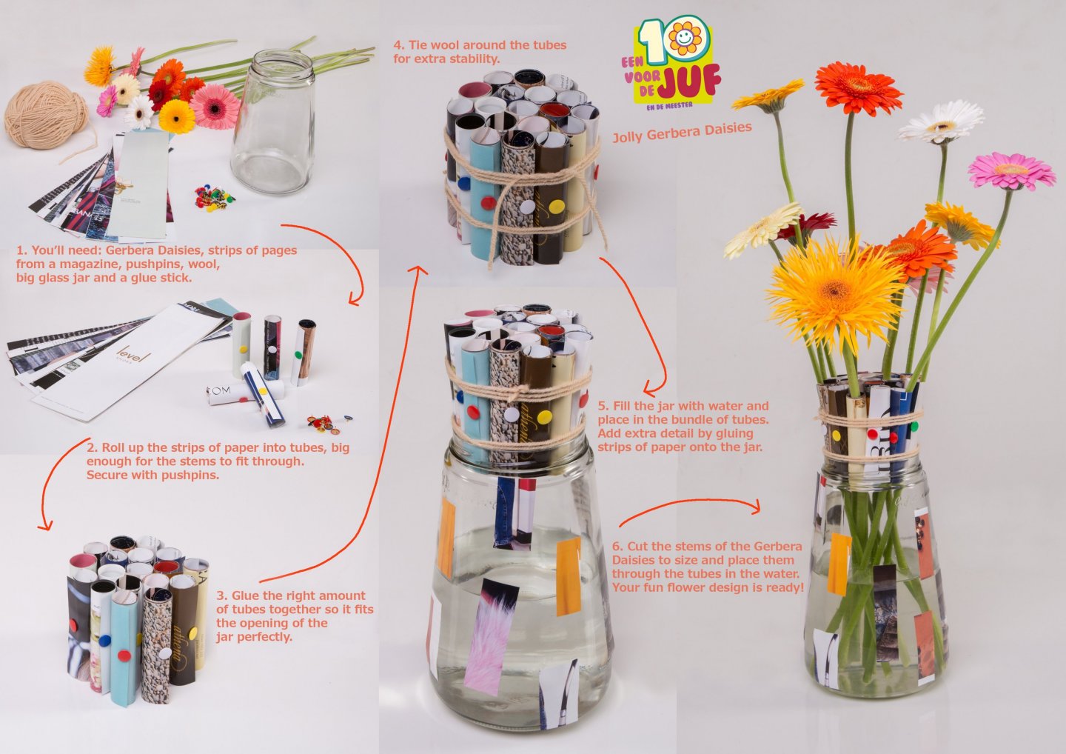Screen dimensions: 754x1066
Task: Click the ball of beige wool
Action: (x=46, y=116)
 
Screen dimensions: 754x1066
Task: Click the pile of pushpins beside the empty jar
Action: (x=213, y=198)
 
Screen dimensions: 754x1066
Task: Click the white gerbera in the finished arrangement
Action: (x=941, y=122)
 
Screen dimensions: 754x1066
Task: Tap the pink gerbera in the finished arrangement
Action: (x=1011, y=170)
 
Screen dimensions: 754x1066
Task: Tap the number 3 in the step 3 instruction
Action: (x=221, y=596)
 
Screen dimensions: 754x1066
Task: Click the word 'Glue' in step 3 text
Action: (x=246, y=596)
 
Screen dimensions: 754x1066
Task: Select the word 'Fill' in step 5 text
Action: (x=629, y=406)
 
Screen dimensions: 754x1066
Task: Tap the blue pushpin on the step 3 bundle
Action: (x=104, y=638)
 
